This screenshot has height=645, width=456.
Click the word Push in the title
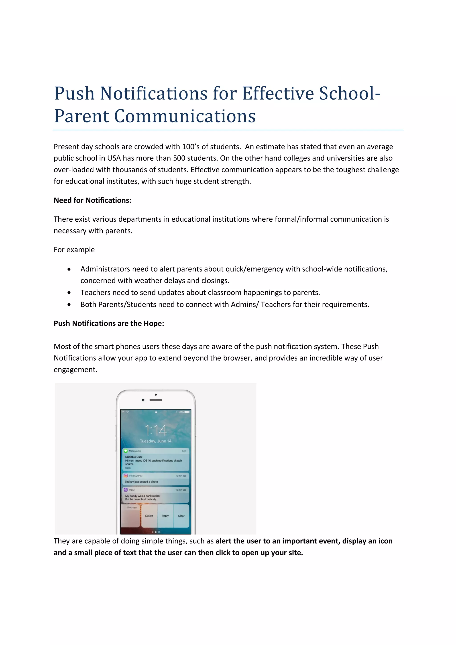click(x=74, y=93)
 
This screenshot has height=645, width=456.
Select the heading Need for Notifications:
click(x=92, y=200)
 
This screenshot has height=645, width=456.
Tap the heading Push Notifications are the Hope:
click(x=109, y=323)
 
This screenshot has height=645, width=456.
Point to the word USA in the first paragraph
click(x=114, y=158)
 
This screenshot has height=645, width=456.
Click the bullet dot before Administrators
click(x=69, y=269)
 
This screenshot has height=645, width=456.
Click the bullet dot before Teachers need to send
click(x=69, y=293)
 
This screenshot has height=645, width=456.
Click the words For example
click(x=74, y=250)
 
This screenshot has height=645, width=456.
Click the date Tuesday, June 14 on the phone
click(x=156, y=441)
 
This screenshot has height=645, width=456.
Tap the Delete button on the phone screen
click(x=149, y=516)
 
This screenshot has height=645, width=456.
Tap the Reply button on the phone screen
click(x=165, y=516)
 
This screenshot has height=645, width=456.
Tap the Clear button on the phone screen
click(x=181, y=516)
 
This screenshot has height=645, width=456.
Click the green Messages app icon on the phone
click(x=126, y=451)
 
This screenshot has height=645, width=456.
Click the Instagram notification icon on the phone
click(x=126, y=476)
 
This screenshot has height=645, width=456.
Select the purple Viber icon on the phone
click(x=126, y=490)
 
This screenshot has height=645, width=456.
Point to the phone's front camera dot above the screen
click(x=143, y=400)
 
